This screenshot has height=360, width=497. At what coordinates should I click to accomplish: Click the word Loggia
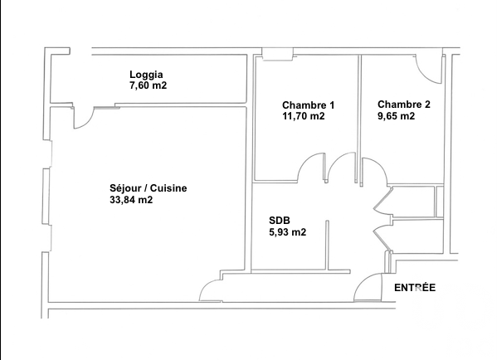tap(146, 75)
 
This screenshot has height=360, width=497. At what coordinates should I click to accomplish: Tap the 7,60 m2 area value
tap(148, 85)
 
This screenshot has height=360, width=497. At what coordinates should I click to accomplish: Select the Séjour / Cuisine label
tap(148, 188)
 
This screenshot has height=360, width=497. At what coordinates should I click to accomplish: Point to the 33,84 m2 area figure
tap(131, 200)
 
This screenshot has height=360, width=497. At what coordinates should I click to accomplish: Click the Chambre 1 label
tap(308, 105)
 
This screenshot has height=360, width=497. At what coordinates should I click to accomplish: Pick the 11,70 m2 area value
tap(304, 116)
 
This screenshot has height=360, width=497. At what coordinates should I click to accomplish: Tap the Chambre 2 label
tap(404, 105)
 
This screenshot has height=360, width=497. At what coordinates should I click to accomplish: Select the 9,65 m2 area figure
tap(396, 116)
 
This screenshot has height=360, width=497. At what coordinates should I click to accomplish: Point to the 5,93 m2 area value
tap(287, 232)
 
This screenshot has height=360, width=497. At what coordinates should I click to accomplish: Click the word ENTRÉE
tap(415, 288)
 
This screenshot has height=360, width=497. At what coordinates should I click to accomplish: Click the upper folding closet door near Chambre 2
tap(382, 200)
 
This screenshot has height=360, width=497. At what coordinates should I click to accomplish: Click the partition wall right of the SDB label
tap(328, 246)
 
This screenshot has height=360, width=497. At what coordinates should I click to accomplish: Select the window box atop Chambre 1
tap(277, 54)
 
